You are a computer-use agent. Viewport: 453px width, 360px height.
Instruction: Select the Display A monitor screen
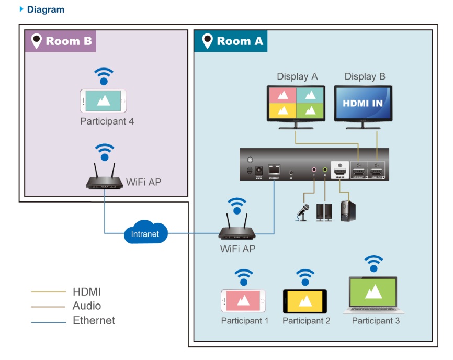click(296, 103)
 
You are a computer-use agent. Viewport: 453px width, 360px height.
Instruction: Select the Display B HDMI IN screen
click(363, 103)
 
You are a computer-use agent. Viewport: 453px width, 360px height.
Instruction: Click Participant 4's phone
click(104, 102)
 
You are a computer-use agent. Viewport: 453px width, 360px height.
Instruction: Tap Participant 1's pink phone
click(243, 301)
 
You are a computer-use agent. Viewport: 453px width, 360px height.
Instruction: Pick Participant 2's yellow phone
click(305, 301)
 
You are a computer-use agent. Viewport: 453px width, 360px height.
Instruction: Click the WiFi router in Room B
click(105, 179)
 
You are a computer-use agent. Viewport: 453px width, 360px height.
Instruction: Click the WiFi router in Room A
click(237, 230)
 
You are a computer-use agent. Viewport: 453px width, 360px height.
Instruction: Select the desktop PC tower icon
click(346, 210)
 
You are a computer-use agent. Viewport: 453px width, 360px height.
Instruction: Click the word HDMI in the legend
click(86, 291)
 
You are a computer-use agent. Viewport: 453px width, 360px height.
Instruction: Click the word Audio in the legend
click(87, 306)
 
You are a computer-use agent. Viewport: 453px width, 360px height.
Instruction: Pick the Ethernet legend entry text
click(94, 320)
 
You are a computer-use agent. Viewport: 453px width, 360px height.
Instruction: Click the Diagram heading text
click(46, 9)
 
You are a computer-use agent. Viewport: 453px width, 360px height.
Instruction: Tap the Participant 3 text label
click(376, 321)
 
